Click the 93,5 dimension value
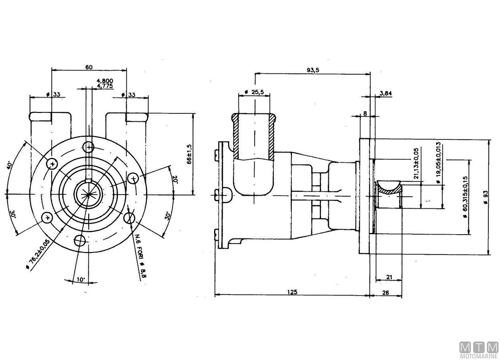point(312,70)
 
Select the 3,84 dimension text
point(386,93)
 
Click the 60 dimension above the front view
point(88,66)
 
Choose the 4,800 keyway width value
point(105,81)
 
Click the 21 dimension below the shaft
point(389,276)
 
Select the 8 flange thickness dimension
point(365,113)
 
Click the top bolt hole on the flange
point(89,147)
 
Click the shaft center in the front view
point(89,194)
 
